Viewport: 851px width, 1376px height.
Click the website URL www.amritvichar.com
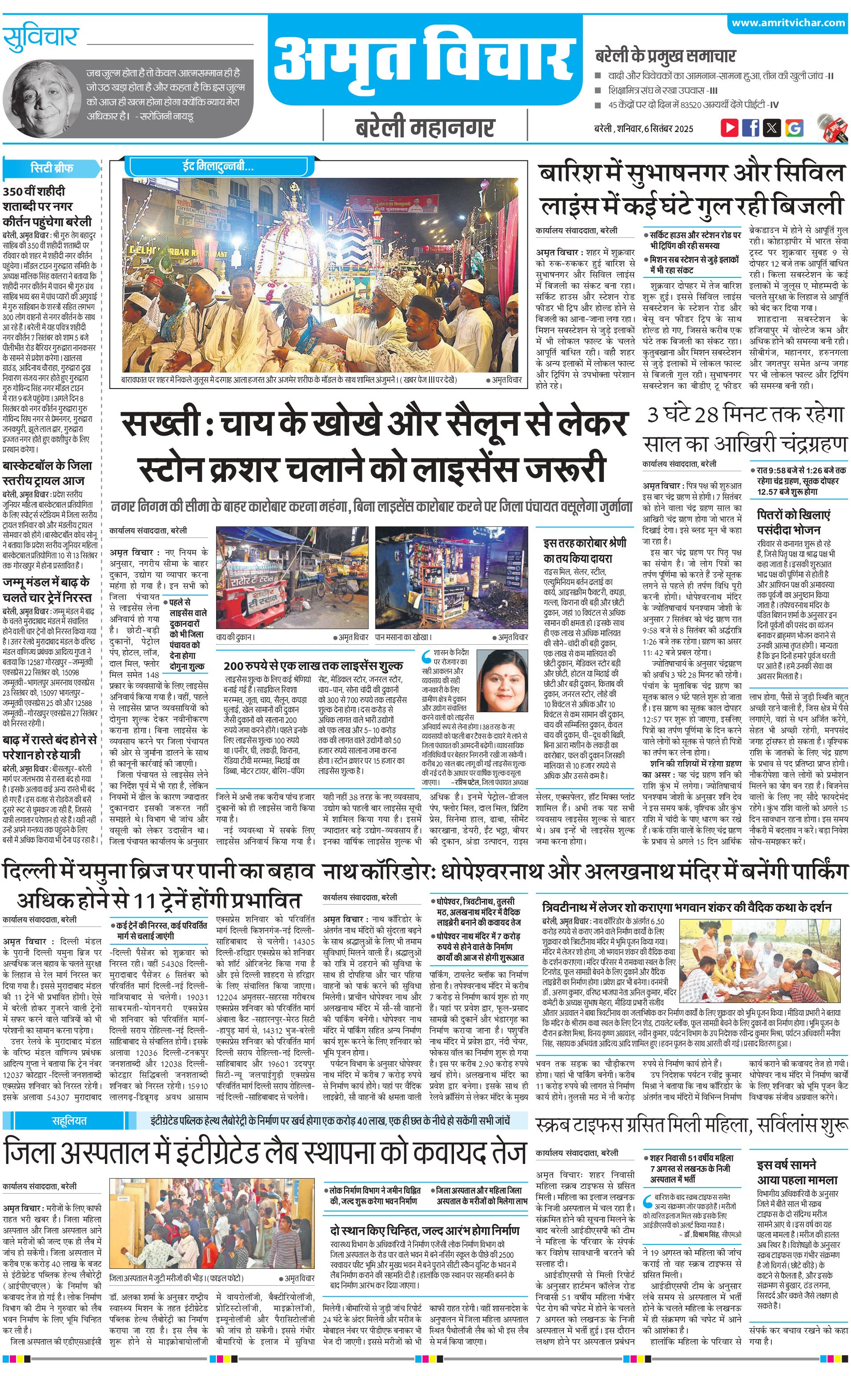point(788,23)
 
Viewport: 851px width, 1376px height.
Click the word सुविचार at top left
point(40,38)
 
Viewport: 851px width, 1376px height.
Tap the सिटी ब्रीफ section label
point(52,168)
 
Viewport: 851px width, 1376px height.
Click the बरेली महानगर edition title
point(425,127)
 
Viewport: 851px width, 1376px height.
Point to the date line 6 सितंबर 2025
point(643,128)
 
